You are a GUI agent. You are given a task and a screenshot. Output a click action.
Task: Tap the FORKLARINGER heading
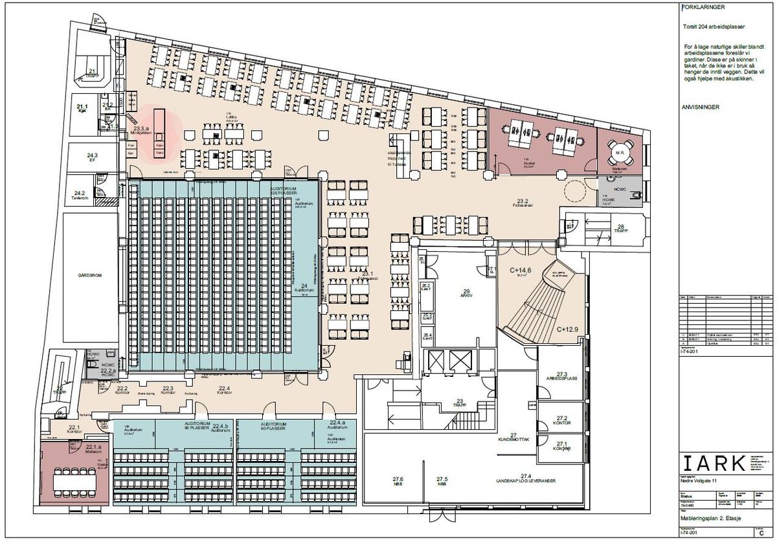click(700, 8)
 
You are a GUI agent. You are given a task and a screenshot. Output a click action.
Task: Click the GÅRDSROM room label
click(89, 274)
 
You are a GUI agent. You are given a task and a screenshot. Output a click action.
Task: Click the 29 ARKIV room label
click(465, 294)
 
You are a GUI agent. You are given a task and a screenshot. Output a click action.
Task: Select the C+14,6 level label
click(520, 272)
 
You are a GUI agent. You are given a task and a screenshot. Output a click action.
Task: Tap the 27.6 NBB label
click(398, 481)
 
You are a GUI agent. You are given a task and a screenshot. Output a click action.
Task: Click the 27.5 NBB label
click(442, 481)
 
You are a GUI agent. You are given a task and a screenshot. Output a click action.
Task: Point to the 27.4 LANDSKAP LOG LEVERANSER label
click(525, 479)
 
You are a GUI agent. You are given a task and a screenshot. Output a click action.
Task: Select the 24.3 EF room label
click(93, 157)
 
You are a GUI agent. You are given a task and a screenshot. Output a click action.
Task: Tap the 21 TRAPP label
click(92, 73)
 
